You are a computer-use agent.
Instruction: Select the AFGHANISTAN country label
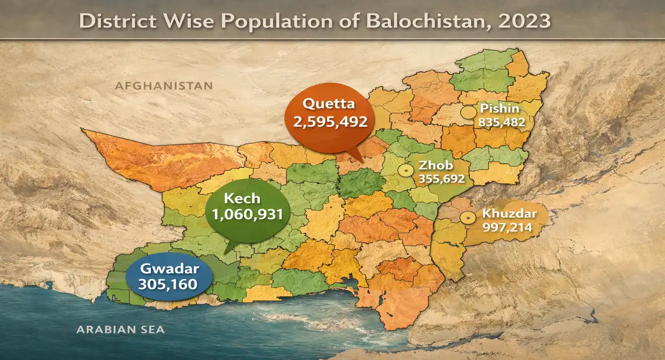pos(163,86)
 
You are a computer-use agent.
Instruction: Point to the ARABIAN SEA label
pos(121,330)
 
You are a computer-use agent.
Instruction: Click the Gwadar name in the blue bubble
pos(169,270)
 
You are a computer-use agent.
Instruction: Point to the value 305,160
pos(169,286)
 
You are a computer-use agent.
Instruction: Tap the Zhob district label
pos(436,165)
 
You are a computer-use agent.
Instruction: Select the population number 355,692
pos(442,178)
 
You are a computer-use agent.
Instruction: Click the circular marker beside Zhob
pos(406,170)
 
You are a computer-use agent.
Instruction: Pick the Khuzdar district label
pos(506,214)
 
